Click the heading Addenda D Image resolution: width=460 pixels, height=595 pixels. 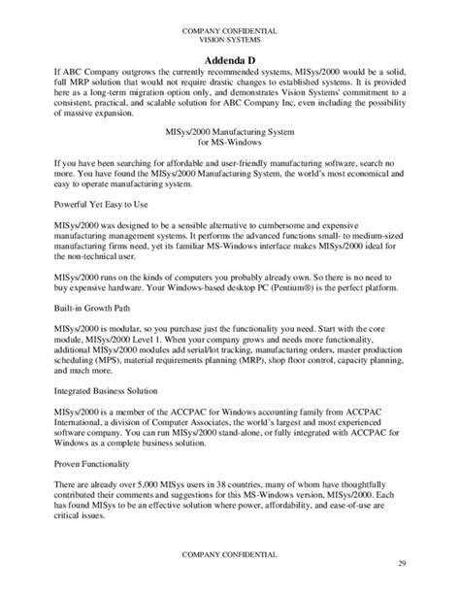pos(229,59)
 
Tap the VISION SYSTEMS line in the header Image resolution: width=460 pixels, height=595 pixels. pos(229,41)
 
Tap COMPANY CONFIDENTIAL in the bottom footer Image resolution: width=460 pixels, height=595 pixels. pos(229,552)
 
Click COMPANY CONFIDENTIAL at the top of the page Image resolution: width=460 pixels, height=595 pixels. pos(229,31)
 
